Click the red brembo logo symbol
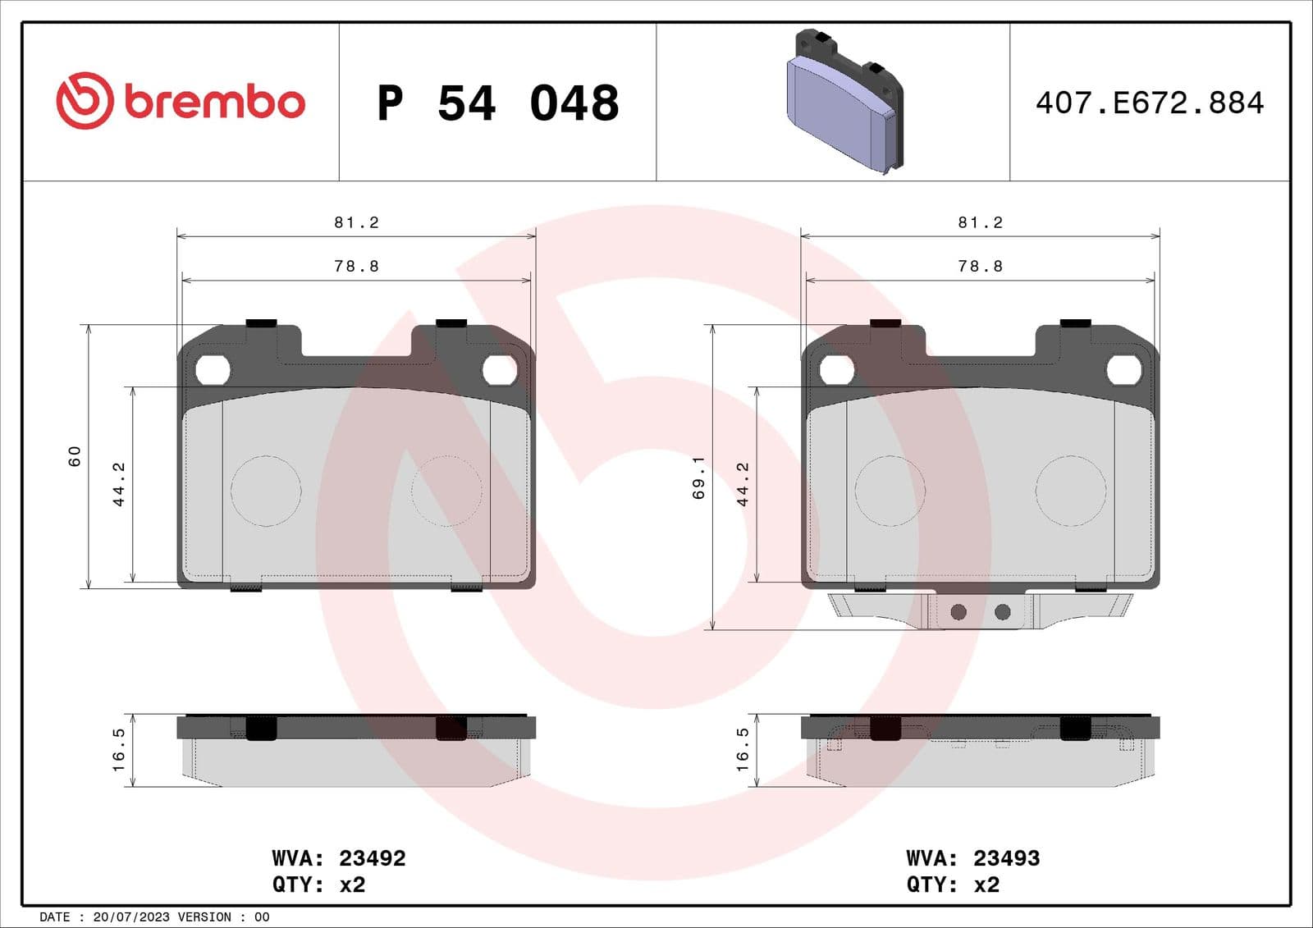(84, 101)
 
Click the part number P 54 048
(497, 103)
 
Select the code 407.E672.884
(1149, 103)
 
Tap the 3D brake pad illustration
(845, 103)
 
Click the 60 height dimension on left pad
(75, 456)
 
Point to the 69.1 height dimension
(698, 478)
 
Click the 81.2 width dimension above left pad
(356, 222)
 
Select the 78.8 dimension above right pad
(980, 266)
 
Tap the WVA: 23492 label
(339, 858)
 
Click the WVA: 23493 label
(972, 858)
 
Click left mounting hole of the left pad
(213, 370)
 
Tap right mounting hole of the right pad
(1123, 370)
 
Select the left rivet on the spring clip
(958, 612)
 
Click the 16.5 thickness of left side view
(119, 749)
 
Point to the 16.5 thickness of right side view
(743, 749)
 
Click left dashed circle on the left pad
(266, 491)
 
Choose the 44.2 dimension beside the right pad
(743, 484)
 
